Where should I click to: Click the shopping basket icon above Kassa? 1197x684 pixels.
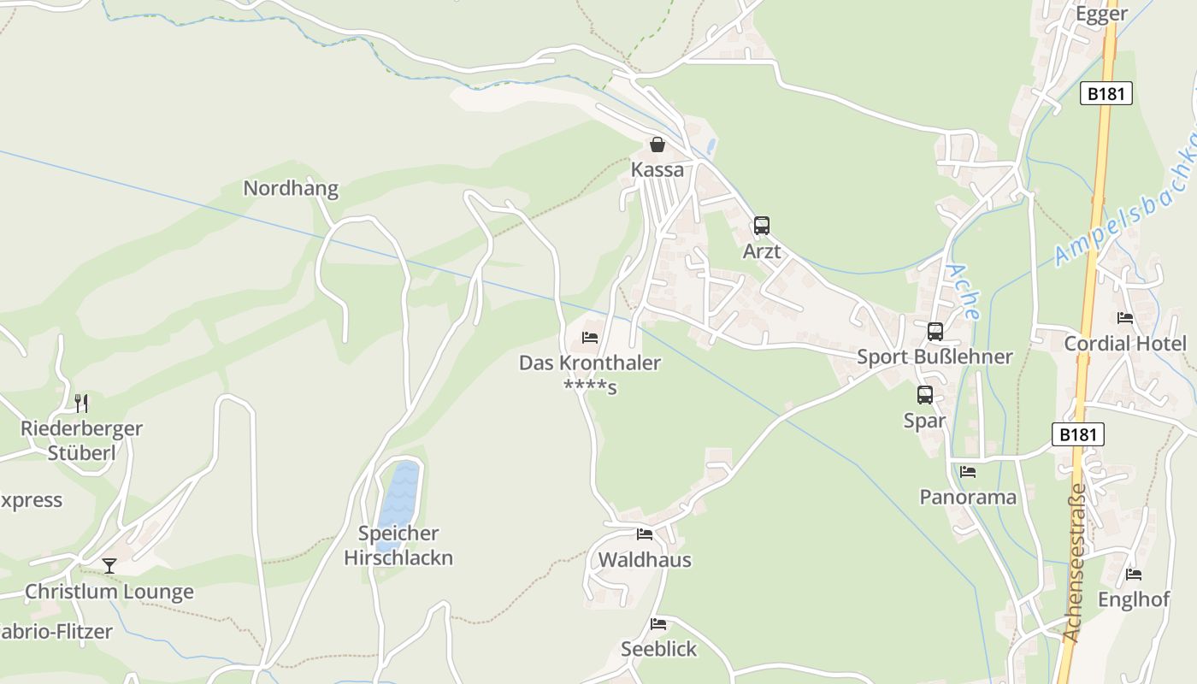pyautogui.click(x=657, y=144)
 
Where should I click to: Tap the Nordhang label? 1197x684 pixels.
pyautogui.click(x=291, y=188)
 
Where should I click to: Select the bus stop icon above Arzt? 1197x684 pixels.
pyautogui.click(x=761, y=226)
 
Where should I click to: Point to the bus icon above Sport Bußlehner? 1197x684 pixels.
pyautogui.click(x=935, y=331)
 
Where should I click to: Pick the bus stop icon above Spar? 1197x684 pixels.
pyautogui.click(x=924, y=395)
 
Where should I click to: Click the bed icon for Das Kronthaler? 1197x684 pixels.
pyautogui.click(x=589, y=338)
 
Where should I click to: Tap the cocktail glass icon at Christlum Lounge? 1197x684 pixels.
pyautogui.click(x=109, y=565)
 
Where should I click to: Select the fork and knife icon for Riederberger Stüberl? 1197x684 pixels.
pyautogui.click(x=81, y=402)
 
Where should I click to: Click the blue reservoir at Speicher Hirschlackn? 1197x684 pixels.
pyautogui.click(x=398, y=500)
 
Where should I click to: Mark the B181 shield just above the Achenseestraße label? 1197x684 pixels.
pyautogui.click(x=1077, y=434)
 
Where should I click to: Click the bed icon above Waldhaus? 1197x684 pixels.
pyautogui.click(x=644, y=534)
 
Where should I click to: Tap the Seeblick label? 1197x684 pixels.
pyautogui.click(x=658, y=649)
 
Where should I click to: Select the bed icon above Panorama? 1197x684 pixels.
pyautogui.click(x=967, y=471)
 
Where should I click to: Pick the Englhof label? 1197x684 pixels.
pyautogui.click(x=1133, y=599)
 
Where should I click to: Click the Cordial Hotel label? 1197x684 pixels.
pyautogui.click(x=1124, y=344)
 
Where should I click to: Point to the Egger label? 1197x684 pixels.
pyautogui.click(x=1101, y=14)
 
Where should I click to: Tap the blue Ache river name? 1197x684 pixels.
pyautogui.click(x=961, y=292)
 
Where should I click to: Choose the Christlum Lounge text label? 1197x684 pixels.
pyautogui.click(x=109, y=592)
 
